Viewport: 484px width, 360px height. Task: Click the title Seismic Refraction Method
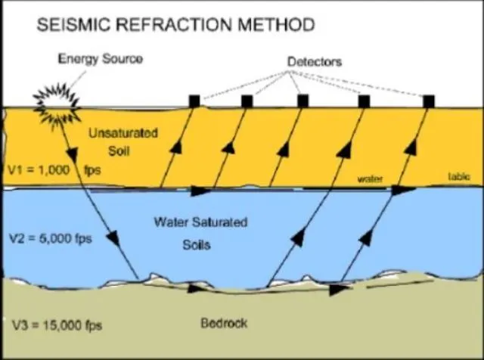tap(175, 24)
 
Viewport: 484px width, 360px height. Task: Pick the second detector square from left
tap(247, 101)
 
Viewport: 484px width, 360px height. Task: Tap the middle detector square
tap(302, 101)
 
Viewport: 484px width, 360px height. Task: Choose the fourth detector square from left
tap(364, 101)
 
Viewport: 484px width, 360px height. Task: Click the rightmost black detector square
tap(429, 101)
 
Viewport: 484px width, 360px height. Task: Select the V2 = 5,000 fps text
tap(46, 238)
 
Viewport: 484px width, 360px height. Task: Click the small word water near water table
tap(371, 179)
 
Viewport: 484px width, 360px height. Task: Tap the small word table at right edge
tap(458, 176)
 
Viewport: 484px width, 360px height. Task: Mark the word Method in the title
tap(275, 24)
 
